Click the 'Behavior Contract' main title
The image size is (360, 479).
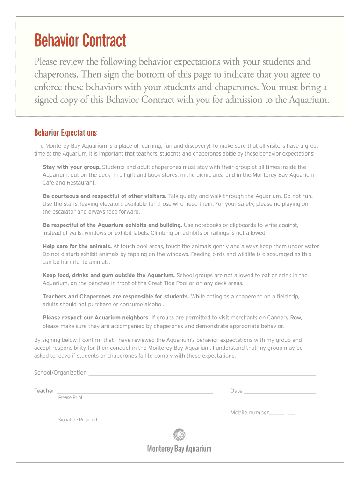[80, 41]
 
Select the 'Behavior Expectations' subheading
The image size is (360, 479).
[65, 133]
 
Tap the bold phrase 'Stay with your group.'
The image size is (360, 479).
[72, 167]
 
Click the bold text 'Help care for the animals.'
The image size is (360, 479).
[77, 246]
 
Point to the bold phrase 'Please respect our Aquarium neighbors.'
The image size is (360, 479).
[96, 318]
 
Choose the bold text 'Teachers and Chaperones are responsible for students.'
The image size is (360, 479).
[116, 297]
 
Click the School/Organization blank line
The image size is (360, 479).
[202, 374]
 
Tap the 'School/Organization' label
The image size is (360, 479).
[60, 373]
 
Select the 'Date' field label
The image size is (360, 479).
[236, 391]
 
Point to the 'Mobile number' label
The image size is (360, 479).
[249, 413]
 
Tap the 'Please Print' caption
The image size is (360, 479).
[70, 398]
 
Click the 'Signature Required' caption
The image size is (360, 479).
[78, 420]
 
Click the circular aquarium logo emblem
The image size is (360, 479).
[179, 435]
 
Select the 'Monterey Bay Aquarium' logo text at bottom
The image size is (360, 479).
[179, 449]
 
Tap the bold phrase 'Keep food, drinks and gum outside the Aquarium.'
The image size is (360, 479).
[108, 276]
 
